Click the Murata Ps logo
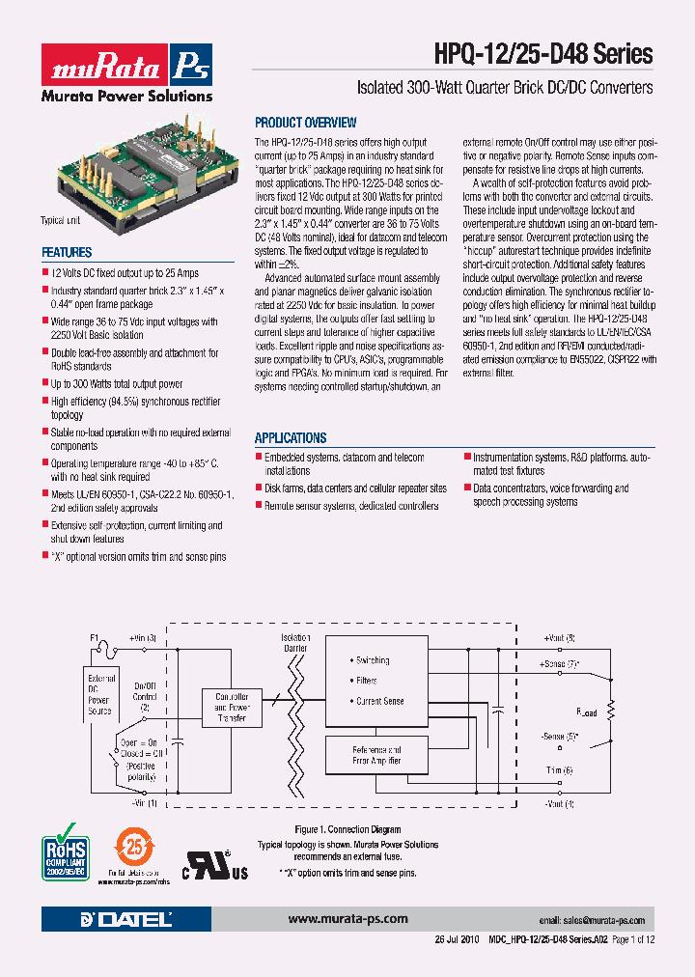point(127,66)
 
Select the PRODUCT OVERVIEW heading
point(305,123)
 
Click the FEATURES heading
point(67,253)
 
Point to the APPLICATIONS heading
point(291,437)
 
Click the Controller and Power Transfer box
point(231,707)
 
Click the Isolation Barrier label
point(296,643)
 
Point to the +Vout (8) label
point(559,638)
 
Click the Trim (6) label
point(560,769)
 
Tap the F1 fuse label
point(95,638)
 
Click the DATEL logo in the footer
point(129,919)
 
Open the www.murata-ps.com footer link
point(347,919)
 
